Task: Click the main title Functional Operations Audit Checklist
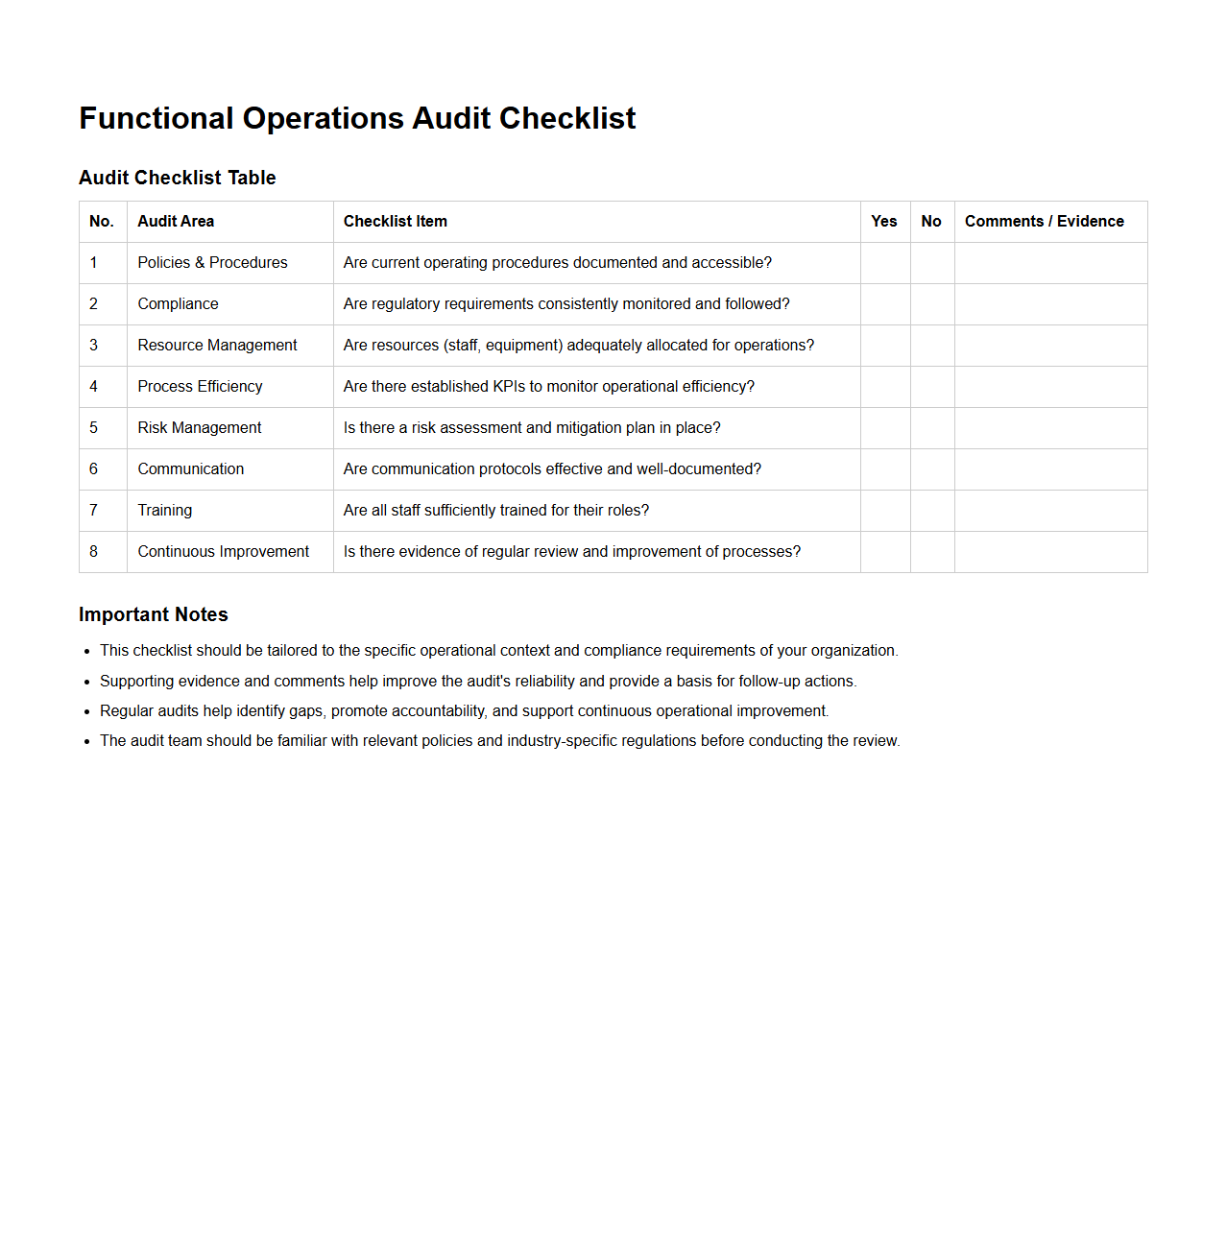pos(357,118)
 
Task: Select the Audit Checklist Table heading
pos(178,178)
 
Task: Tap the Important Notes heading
pos(154,614)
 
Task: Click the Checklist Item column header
pos(396,221)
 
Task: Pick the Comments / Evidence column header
pos(1044,221)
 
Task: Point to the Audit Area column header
pos(176,221)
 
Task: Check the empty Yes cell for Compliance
pos(884,304)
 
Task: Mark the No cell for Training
pos(931,511)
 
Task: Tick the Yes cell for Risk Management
pos(884,428)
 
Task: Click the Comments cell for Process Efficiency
pos(1050,387)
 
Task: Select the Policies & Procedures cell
pos(212,263)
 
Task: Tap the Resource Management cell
pos(217,346)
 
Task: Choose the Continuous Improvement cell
pos(223,552)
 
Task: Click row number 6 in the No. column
pos(94,469)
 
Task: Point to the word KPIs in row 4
pos(509,387)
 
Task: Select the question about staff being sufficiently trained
pos(495,511)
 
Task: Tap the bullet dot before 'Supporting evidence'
pos(87,682)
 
